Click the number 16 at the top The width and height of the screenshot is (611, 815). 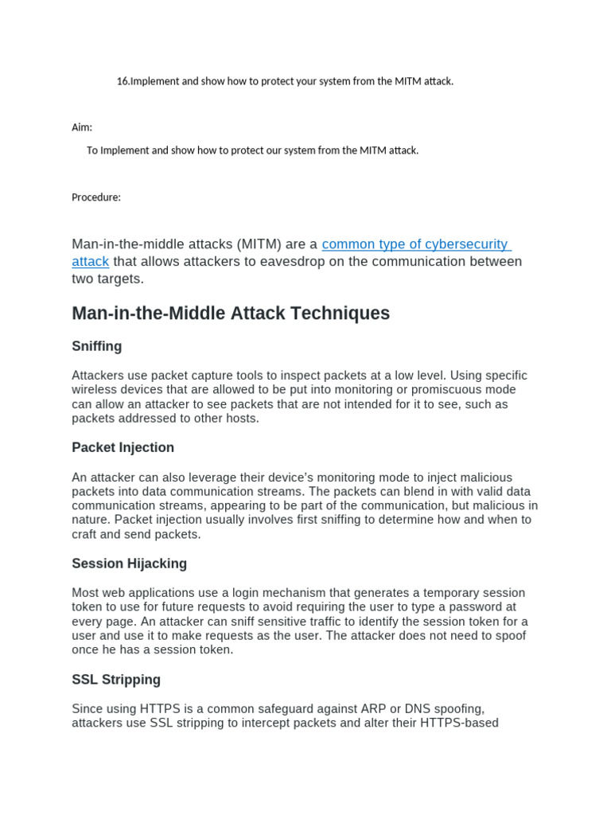tap(122, 81)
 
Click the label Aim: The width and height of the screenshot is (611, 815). tap(82, 127)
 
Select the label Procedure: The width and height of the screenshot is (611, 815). tap(96, 197)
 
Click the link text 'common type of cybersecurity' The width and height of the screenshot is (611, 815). tap(414, 244)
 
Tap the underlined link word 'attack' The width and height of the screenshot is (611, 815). tap(90, 262)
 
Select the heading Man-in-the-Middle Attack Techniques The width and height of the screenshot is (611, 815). tap(231, 314)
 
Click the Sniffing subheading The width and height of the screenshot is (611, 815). tap(97, 346)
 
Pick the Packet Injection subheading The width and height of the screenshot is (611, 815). tap(123, 447)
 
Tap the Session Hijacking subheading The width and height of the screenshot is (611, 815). tap(129, 563)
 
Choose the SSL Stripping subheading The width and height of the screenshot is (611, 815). tap(116, 680)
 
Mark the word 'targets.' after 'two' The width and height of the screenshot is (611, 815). tap(120, 279)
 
